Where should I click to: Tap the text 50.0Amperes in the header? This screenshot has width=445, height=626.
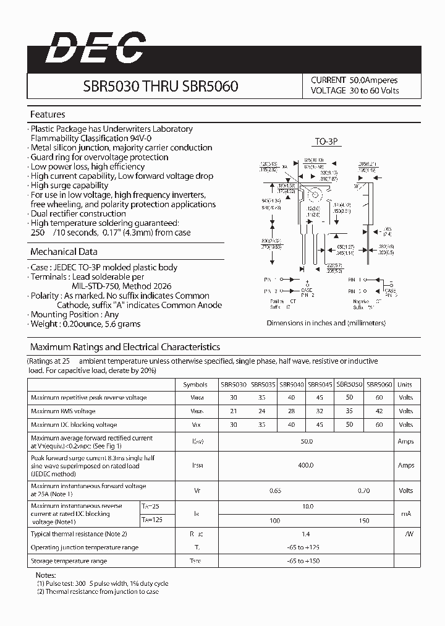pyautogui.click(x=373, y=80)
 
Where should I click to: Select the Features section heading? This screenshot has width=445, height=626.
pyautogui.click(x=48, y=114)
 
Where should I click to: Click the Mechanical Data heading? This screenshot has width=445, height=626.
pyautogui.click(x=64, y=252)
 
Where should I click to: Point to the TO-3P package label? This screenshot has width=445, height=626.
pyautogui.click(x=326, y=142)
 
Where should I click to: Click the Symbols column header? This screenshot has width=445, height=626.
pyautogui.click(x=195, y=384)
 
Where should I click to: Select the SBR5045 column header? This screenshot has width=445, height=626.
pyautogui.click(x=320, y=384)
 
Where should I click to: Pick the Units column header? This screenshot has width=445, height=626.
pyautogui.click(x=405, y=384)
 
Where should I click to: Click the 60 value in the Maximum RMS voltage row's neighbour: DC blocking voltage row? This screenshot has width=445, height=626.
pyautogui.click(x=379, y=425)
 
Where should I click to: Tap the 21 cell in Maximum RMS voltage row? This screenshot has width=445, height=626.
pyautogui.click(x=233, y=411)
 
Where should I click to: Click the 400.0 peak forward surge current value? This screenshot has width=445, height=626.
pyautogui.click(x=306, y=465)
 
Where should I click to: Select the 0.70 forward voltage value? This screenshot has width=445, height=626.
pyautogui.click(x=364, y=491)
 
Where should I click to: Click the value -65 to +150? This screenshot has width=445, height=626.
pyautogui.click(x=306, y=561)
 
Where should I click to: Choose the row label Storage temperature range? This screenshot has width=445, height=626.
pyautogui.click(x=69, y=561)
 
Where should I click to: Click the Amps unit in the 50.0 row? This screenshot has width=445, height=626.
pyautogui.click(x=406, y=442)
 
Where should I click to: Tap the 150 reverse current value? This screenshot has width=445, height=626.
pyautogui.click(x=364, y=521)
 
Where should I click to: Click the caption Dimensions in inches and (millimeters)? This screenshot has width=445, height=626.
pyautogui.click(x=326, y=323)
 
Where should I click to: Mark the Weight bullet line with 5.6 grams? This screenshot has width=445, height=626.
pyautogui.click(x=87, y=324)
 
